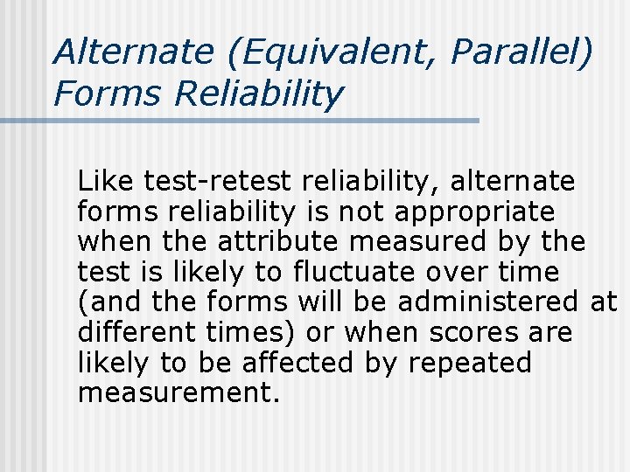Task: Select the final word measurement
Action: tap(178, 393)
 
